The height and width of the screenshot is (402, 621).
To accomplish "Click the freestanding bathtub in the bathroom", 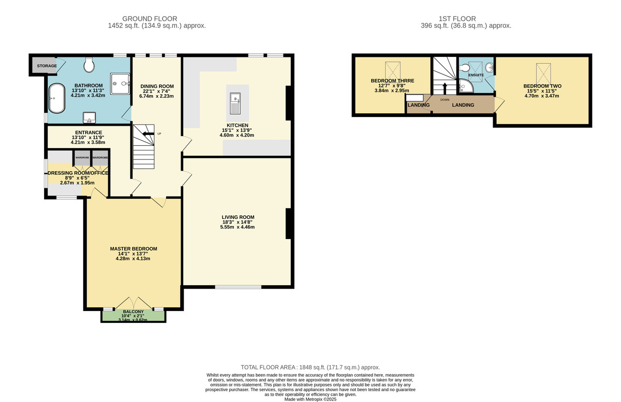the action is point(57,98).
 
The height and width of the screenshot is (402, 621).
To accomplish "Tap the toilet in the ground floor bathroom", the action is point(89,65).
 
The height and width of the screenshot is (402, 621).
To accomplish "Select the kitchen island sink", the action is point(235,103).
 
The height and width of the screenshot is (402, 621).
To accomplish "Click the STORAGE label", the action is point(47,66).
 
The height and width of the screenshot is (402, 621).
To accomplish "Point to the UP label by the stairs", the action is point(159,133).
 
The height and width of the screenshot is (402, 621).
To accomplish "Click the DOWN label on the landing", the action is point(445,100).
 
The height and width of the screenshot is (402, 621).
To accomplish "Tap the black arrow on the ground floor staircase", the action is point(149,133).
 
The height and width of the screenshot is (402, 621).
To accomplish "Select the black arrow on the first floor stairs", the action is point(445,88).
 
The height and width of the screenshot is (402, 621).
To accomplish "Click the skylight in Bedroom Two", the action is point(543,74).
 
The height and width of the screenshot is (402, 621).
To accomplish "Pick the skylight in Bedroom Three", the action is point(393,71).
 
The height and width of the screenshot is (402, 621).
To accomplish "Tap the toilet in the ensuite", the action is point(464,68).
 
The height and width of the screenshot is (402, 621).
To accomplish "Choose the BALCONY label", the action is point(134,311).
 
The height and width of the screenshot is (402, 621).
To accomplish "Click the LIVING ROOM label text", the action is point(238,217).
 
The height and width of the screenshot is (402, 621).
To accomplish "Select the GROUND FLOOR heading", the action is point(150,19).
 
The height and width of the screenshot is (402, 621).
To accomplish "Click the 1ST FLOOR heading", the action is point(457,19).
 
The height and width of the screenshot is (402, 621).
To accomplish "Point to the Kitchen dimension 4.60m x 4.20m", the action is point(237,136).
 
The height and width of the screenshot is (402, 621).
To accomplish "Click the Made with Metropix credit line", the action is point(310,399).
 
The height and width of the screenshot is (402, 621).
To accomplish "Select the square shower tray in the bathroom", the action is point(120,84).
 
